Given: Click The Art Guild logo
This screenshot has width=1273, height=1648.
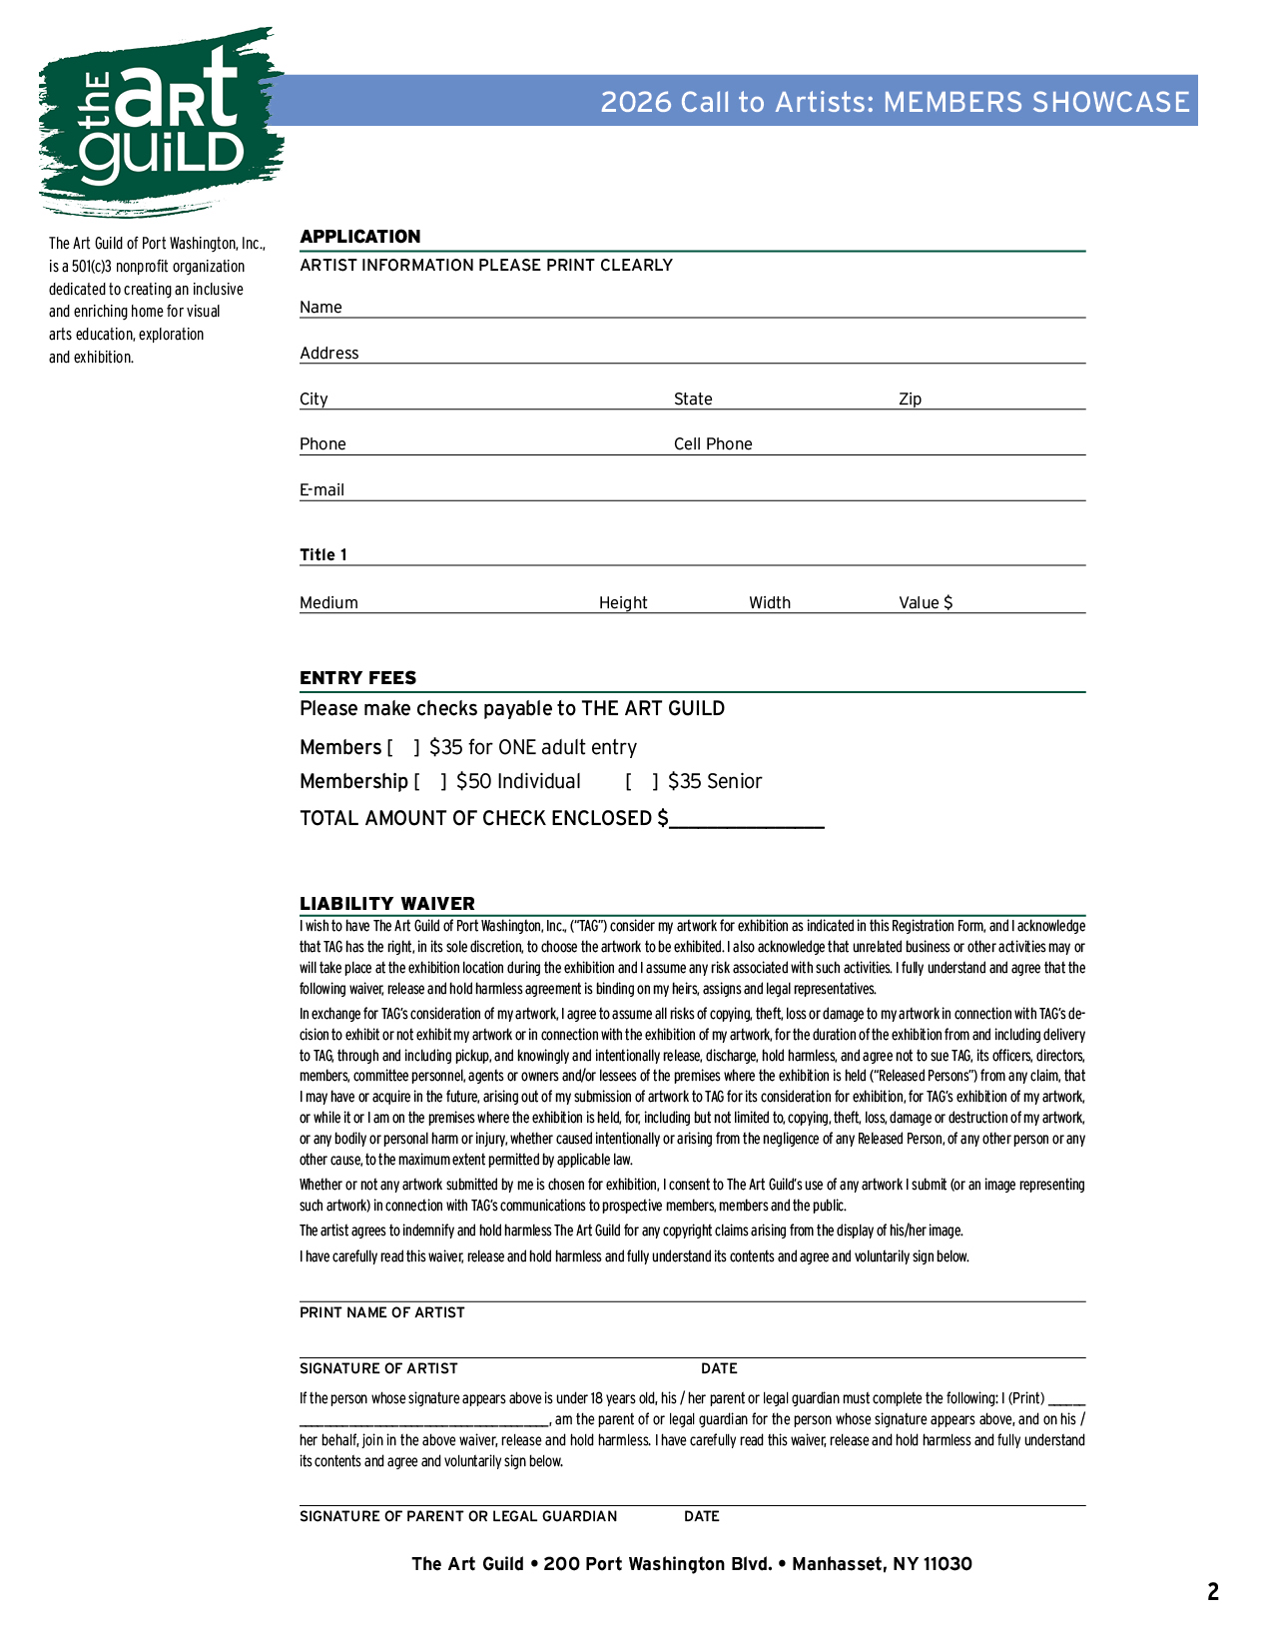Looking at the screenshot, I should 160,120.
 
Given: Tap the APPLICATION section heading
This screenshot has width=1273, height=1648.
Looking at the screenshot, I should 359,237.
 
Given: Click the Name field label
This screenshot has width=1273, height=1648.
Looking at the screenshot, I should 320,308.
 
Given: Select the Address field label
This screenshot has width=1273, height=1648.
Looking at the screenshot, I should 328,354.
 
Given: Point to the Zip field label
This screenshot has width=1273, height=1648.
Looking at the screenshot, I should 910,400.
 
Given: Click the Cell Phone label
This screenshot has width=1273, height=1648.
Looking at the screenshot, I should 713,444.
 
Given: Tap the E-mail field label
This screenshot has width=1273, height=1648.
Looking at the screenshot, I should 321,490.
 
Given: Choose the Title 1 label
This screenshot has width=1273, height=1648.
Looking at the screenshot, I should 323,555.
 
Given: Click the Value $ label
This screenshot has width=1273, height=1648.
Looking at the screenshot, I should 926,603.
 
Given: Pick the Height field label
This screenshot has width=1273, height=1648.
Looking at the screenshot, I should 623,603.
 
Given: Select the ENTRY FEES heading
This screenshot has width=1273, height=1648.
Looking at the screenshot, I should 357,678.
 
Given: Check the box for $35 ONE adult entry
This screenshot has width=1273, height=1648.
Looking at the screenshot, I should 403,748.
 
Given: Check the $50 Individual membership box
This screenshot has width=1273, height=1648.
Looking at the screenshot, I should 430,782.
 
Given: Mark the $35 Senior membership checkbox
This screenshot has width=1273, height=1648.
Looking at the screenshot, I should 642,782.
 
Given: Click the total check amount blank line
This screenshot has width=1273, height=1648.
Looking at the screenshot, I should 747,821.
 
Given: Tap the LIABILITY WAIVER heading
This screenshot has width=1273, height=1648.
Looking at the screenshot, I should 387,904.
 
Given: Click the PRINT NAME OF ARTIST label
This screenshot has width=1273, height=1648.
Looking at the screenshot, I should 381,1313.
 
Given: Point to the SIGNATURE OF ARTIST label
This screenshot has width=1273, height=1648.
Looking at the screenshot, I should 378,1369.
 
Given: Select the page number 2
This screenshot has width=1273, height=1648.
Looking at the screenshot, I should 1213,1592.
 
